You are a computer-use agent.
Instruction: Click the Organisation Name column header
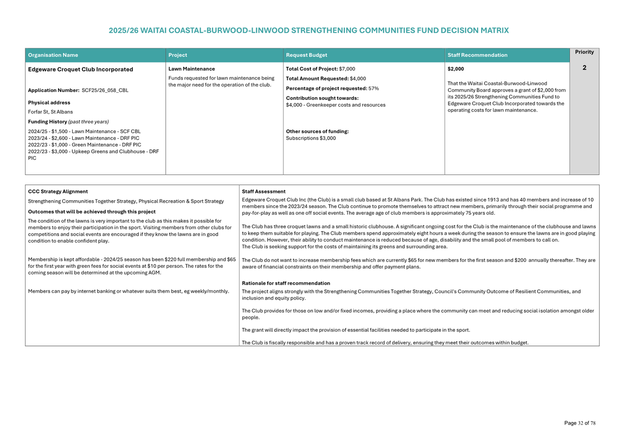coord(53,55)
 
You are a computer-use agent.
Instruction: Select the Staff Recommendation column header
coord(477,55)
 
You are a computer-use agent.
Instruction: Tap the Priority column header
coord(584,52)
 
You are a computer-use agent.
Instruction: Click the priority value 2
coord(584,68)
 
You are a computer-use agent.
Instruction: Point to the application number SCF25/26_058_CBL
coord(105,91)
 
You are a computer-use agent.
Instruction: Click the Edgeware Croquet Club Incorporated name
coord(80,69)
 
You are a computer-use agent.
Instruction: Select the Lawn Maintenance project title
coord(192,69)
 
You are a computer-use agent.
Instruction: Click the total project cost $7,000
coord(347,69)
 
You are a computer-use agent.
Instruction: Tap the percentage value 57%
coord(373,88)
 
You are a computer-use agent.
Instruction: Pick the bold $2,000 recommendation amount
coord(455,69)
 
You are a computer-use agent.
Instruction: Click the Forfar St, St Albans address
coord(50,112)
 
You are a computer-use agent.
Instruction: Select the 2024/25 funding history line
coord(84,132)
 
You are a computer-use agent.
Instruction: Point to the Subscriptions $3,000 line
coord(311,138)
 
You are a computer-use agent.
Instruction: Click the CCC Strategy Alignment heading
coord(58,192)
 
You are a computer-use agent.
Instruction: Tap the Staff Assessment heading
coord(263,192)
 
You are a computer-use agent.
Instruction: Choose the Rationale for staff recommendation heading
coord(286,283)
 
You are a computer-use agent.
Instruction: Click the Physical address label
coord(49,103)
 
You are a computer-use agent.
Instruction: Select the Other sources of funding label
coord(317,131)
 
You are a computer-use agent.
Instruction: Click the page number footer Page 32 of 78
coord(579,423)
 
